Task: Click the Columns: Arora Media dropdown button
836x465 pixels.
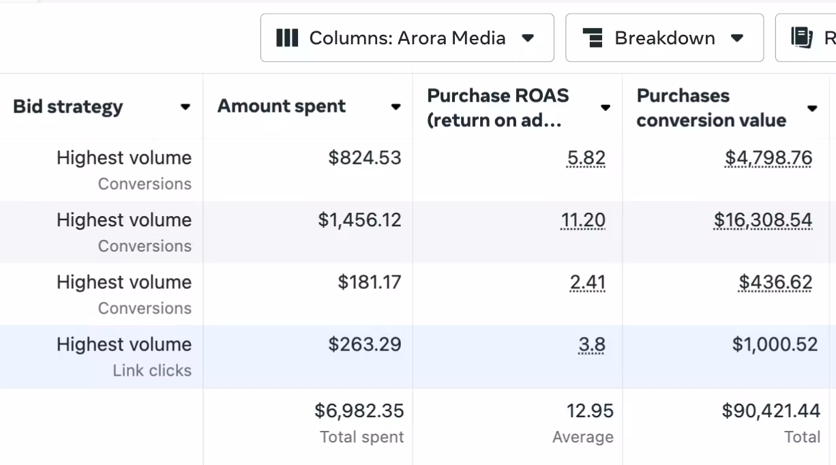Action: coord(406,38)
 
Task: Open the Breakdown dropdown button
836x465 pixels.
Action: coord(664,38)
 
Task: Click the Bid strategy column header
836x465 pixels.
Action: coord(68,107)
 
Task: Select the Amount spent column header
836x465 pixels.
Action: coord(282,107)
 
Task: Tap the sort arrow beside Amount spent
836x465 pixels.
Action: coord(395,107)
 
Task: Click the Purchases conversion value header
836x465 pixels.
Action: coord(711,108)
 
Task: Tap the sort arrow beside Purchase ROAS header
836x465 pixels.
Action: coord(605,108)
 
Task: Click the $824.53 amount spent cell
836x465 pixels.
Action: coord(365,158)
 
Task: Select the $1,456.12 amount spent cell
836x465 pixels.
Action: coord(359,220)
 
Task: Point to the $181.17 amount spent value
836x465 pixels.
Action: coord(370,282)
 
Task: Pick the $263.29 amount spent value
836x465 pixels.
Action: coord(365,344)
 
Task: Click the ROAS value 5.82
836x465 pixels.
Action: coord(586,158)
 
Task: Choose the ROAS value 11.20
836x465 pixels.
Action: coord(582,220)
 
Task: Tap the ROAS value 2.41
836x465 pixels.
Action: coord(587,282)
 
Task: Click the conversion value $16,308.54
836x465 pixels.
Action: coord(763,220)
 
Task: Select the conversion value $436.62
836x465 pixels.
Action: coord(775,282)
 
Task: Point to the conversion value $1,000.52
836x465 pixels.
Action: coord(775,344)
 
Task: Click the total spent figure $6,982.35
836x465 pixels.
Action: coord(359,410)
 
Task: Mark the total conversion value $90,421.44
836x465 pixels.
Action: coord(771,410)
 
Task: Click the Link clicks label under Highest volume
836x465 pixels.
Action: coord(152,371)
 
